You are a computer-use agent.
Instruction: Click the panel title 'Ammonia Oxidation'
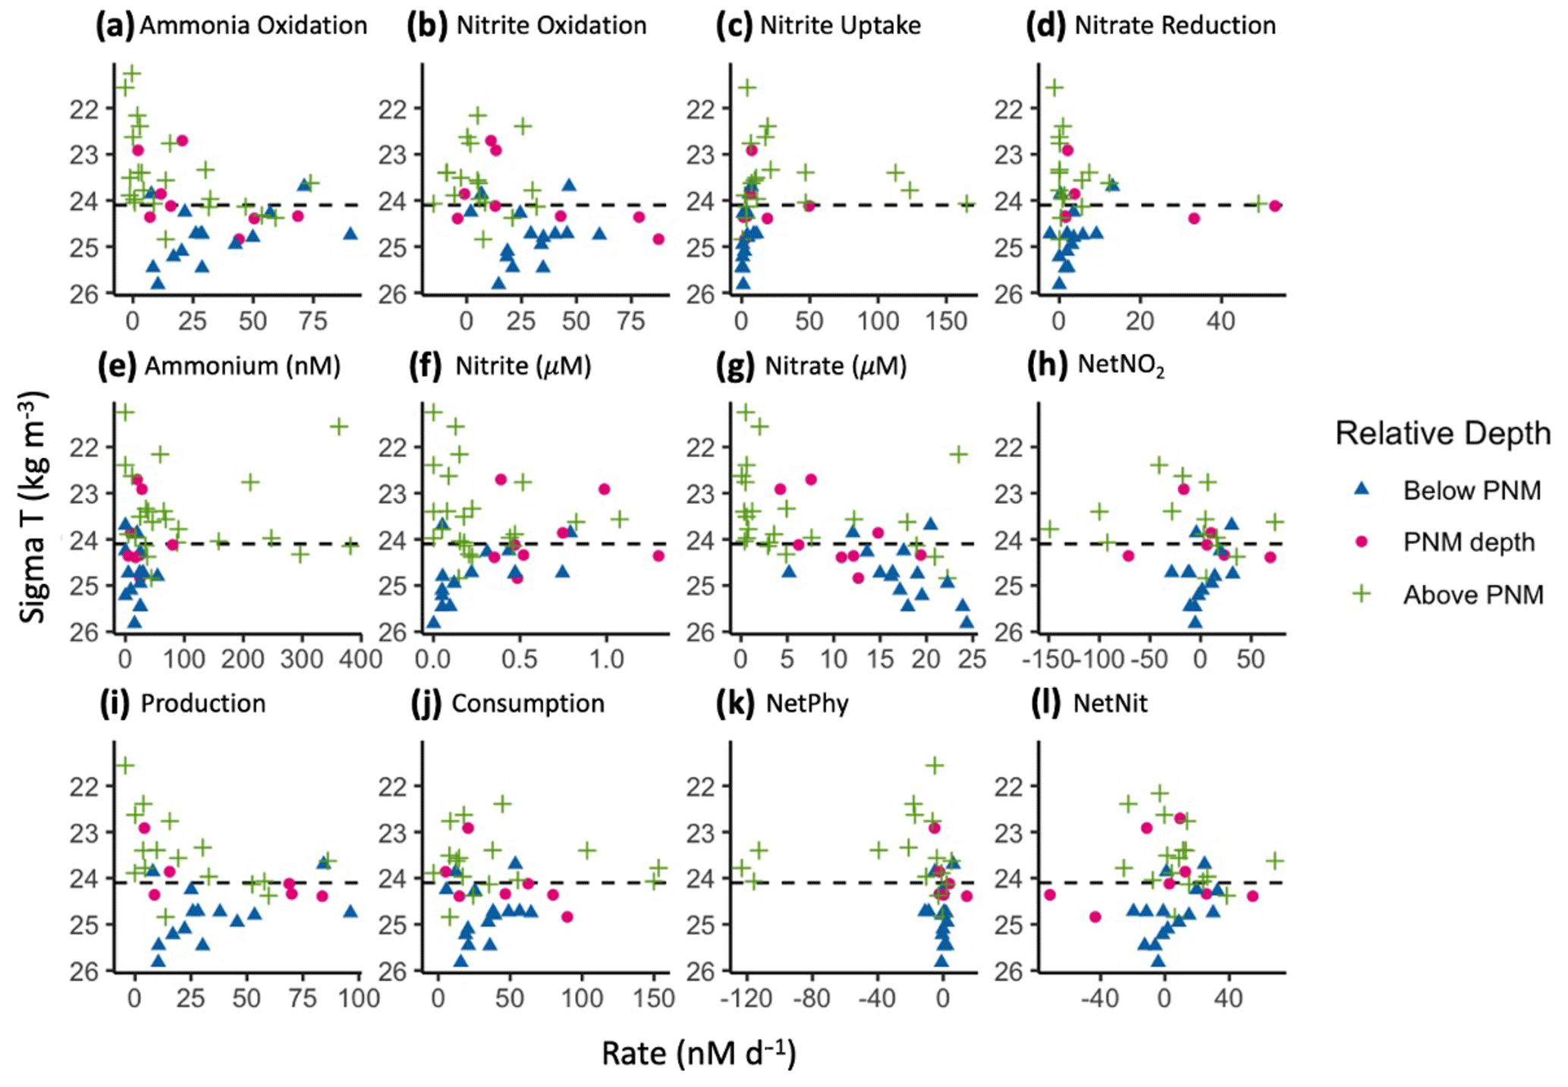[x=253, y=26]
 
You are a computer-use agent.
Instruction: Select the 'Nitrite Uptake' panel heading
[x=840, y=26]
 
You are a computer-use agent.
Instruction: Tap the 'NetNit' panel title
[x=1110, y=704]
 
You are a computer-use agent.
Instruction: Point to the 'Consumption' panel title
[x=528, y=704]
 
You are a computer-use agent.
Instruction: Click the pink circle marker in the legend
[x=1362, y=542]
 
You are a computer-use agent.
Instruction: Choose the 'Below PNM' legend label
[x=1472, y=491]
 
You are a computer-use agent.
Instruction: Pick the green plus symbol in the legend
[x=1362, y=594]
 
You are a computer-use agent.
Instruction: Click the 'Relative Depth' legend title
[x=1442, y=433]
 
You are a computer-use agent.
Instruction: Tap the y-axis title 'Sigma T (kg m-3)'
[x=33, y=507]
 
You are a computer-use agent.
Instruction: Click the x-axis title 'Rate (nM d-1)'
[x=699, y=1054]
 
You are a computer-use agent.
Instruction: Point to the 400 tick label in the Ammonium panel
[x=359, y=658]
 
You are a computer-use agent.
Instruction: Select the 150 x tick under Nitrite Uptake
[x=946, y=321]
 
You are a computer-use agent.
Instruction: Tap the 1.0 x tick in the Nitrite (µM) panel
[x=607, y=658]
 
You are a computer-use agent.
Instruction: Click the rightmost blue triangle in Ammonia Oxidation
[x=350, y=234]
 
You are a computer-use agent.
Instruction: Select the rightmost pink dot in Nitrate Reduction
[x=1274, y=206]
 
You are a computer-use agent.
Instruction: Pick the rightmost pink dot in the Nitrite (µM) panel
[x=658, y=556]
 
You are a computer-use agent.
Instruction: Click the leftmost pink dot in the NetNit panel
[x=1050, y=895]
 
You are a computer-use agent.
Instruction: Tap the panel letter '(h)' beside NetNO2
[x=1048, y=366]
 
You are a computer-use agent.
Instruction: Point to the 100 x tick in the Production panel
[x=359, y=997]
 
